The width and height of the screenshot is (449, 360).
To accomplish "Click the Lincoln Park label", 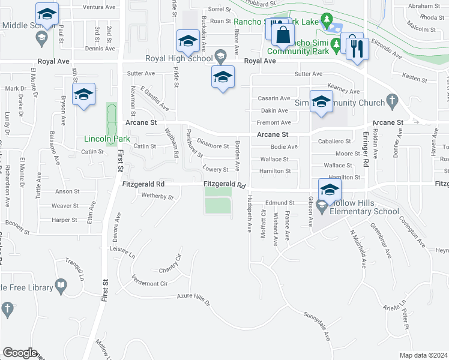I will pos(103,137).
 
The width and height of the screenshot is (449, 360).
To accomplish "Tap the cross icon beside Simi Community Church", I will pos(392,101).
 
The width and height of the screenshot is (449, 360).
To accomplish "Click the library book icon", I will pos(61,285).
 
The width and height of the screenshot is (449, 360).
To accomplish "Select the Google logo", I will pos(20,353).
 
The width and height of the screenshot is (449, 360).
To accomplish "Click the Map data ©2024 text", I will pos(423,355).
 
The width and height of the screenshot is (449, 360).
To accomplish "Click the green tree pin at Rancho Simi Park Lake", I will pos(326,21).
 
